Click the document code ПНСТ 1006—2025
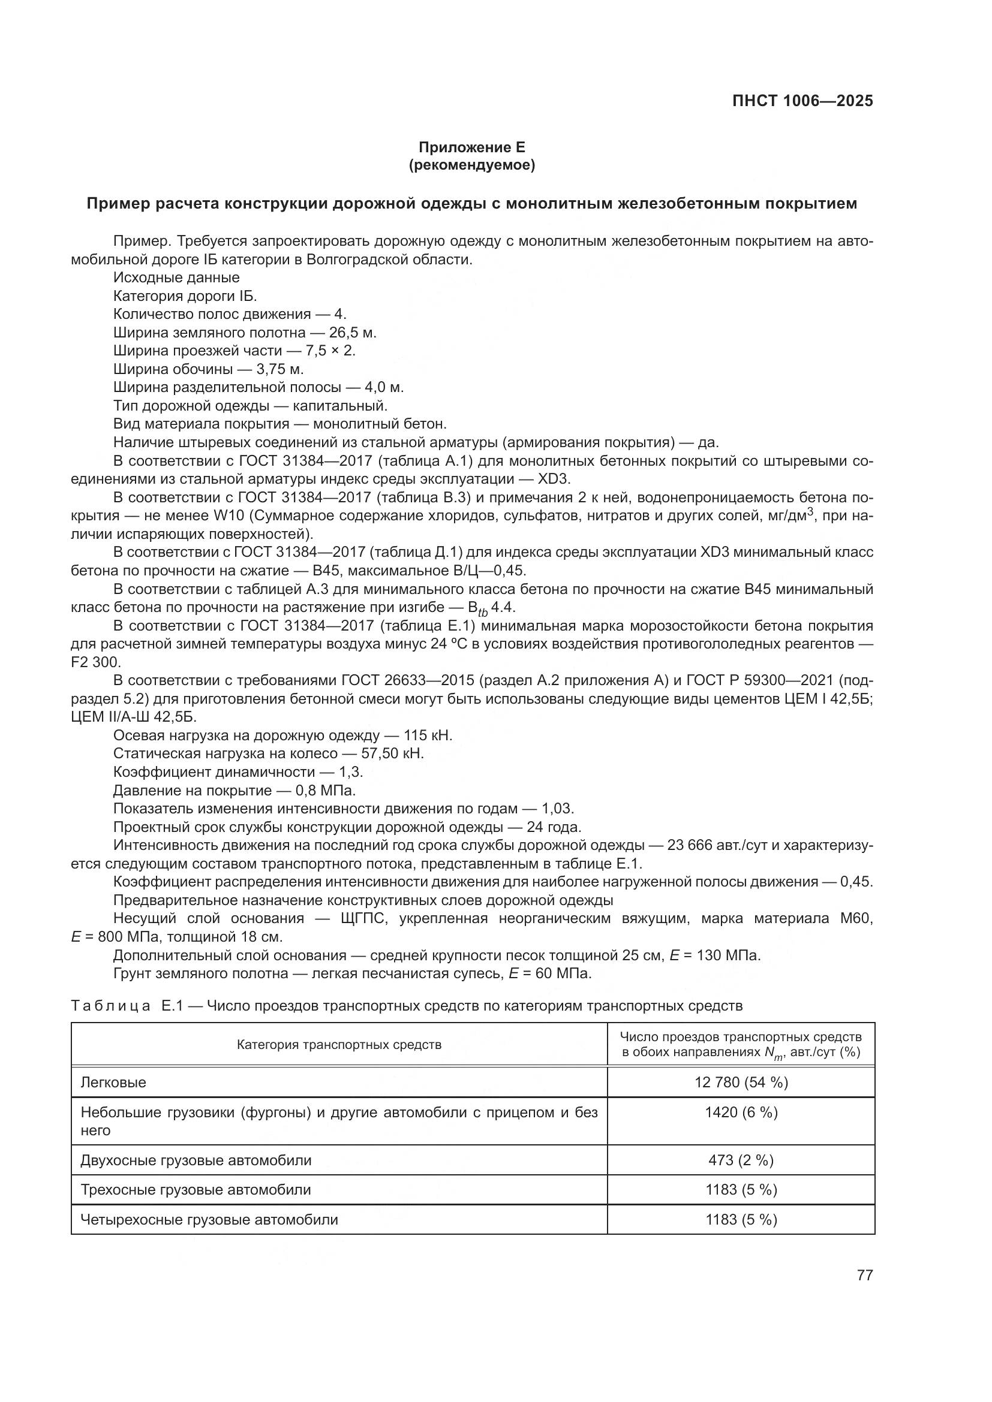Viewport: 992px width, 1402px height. pyautogui.click(x=802, y=101)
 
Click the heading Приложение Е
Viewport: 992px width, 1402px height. pyautogui.click(x=471, y=147)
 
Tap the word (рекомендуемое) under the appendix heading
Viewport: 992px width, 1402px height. pyautogui.click(x=471, y=165)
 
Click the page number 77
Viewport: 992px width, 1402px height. pyautogui.click(x=864, y=1275)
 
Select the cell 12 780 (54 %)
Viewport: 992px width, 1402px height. pyautogui.click(x=741, y=1083)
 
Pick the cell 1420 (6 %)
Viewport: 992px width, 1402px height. pyautogui.click(x=741, y=1112)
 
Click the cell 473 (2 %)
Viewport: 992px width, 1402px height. pyautogui.click(x=741, y=1160)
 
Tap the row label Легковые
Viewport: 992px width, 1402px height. pyautogui.click(x=113, y=1083)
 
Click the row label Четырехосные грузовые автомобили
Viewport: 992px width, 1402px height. pyautogui.click(x=209, y=1220)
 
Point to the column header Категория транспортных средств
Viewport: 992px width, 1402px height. pyautogui.click(x=339, y=1045)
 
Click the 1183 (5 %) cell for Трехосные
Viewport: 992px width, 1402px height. pyautogui.click(x=741, y=1190)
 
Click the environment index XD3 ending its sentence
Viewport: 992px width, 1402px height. pyautogui.click(x=553, y=480)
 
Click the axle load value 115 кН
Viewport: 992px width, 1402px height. pyautogui.click(x=428, y=736)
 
